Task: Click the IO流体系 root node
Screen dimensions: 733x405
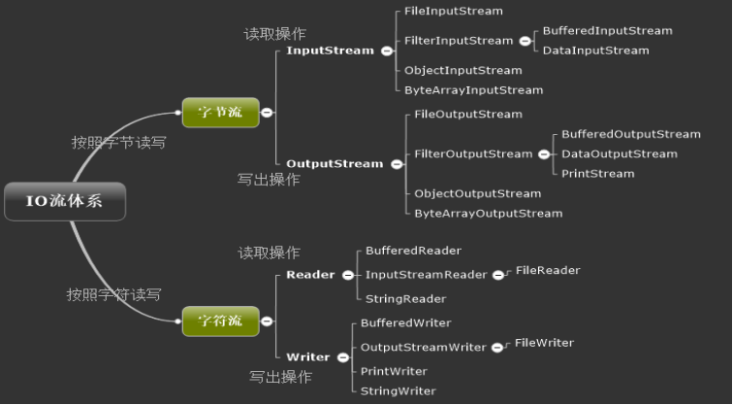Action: (65, 201)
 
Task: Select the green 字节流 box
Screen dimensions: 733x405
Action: (221, 113)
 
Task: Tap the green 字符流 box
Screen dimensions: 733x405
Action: (221, 321)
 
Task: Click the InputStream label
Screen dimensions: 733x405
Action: (330, 51)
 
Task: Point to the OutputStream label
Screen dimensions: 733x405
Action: (335, 164)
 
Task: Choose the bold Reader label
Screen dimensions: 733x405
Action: (310, 275)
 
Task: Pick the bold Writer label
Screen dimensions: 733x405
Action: (308, 357)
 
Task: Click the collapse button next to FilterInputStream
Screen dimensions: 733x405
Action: (526, 41)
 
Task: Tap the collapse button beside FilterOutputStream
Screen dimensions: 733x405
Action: (544, 154)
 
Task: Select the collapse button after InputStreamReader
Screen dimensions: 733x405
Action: (498, 275)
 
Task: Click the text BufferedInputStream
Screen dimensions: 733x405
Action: (607, 31)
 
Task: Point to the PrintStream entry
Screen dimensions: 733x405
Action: (598, 174)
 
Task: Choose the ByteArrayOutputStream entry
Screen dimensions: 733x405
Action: (489, 214)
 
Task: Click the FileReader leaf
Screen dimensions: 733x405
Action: (548, 270)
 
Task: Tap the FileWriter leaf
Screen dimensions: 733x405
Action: (544, 343)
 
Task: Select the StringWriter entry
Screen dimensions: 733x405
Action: (398, 391)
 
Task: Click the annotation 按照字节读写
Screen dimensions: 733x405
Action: (118, 143)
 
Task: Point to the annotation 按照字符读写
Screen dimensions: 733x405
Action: (113, 294)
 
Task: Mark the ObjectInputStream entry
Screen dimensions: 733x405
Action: (462, 71)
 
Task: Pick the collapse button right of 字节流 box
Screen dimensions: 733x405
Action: (267, 113)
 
